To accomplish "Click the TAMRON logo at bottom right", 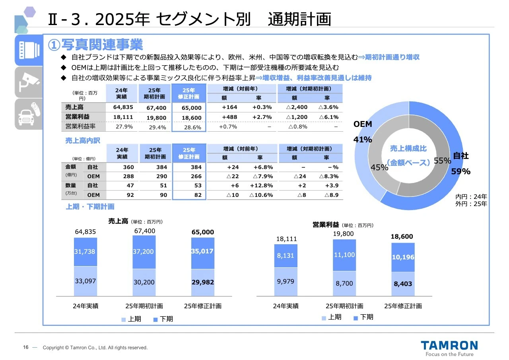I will click(449, 345).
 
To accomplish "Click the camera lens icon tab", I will click(29, 49).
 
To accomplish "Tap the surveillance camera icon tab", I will click(29, 82).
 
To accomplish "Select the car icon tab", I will click(29, 114).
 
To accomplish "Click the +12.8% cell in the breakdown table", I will click(261, 185).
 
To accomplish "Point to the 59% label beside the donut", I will click(460, 172).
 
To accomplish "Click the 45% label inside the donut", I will click(379, 167).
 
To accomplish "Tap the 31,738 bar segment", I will click(85, 251).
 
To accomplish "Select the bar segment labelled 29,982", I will click(202, 282).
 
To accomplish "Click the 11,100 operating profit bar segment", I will click(344, 255).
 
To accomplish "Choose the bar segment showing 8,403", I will click(402, 284).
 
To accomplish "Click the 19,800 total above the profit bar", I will click(343, 234).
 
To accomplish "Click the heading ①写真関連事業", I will click(95, 44).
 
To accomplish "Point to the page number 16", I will click(25, 347).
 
